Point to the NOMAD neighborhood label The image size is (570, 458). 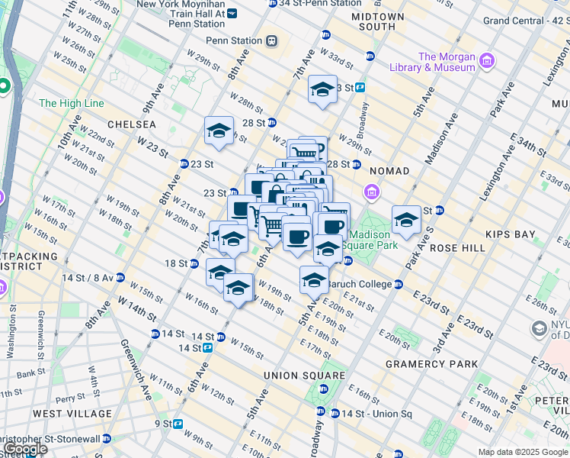point(389,170)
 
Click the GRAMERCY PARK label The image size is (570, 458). point(431,364)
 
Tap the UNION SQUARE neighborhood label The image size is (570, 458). point(305,376)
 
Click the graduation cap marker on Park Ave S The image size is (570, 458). point(407,221)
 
